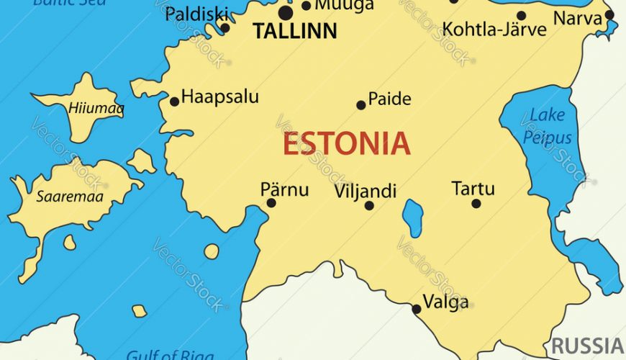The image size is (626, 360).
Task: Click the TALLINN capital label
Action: (295, 31)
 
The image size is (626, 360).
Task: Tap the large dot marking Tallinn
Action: (286, 13)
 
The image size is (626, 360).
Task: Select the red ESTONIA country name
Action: (346, 143)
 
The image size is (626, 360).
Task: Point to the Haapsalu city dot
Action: (174, 102)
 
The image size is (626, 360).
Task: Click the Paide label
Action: (389, 99)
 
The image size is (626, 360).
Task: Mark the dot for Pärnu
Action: (271, 203)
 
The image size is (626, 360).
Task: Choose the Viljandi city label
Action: (365, 191)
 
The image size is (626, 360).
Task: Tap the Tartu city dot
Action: (476, 204)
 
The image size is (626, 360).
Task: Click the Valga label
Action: (445, 301)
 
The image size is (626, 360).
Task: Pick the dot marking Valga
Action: (416, 310)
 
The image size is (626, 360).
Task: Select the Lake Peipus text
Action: (548, 126)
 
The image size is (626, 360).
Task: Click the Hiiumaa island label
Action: (96, 109)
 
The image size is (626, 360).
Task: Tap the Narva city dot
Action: (609, 14)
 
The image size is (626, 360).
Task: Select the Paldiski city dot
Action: (224, 28)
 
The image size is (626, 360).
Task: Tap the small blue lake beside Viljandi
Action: (412, 218)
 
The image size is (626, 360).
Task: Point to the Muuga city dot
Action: (307, 6)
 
